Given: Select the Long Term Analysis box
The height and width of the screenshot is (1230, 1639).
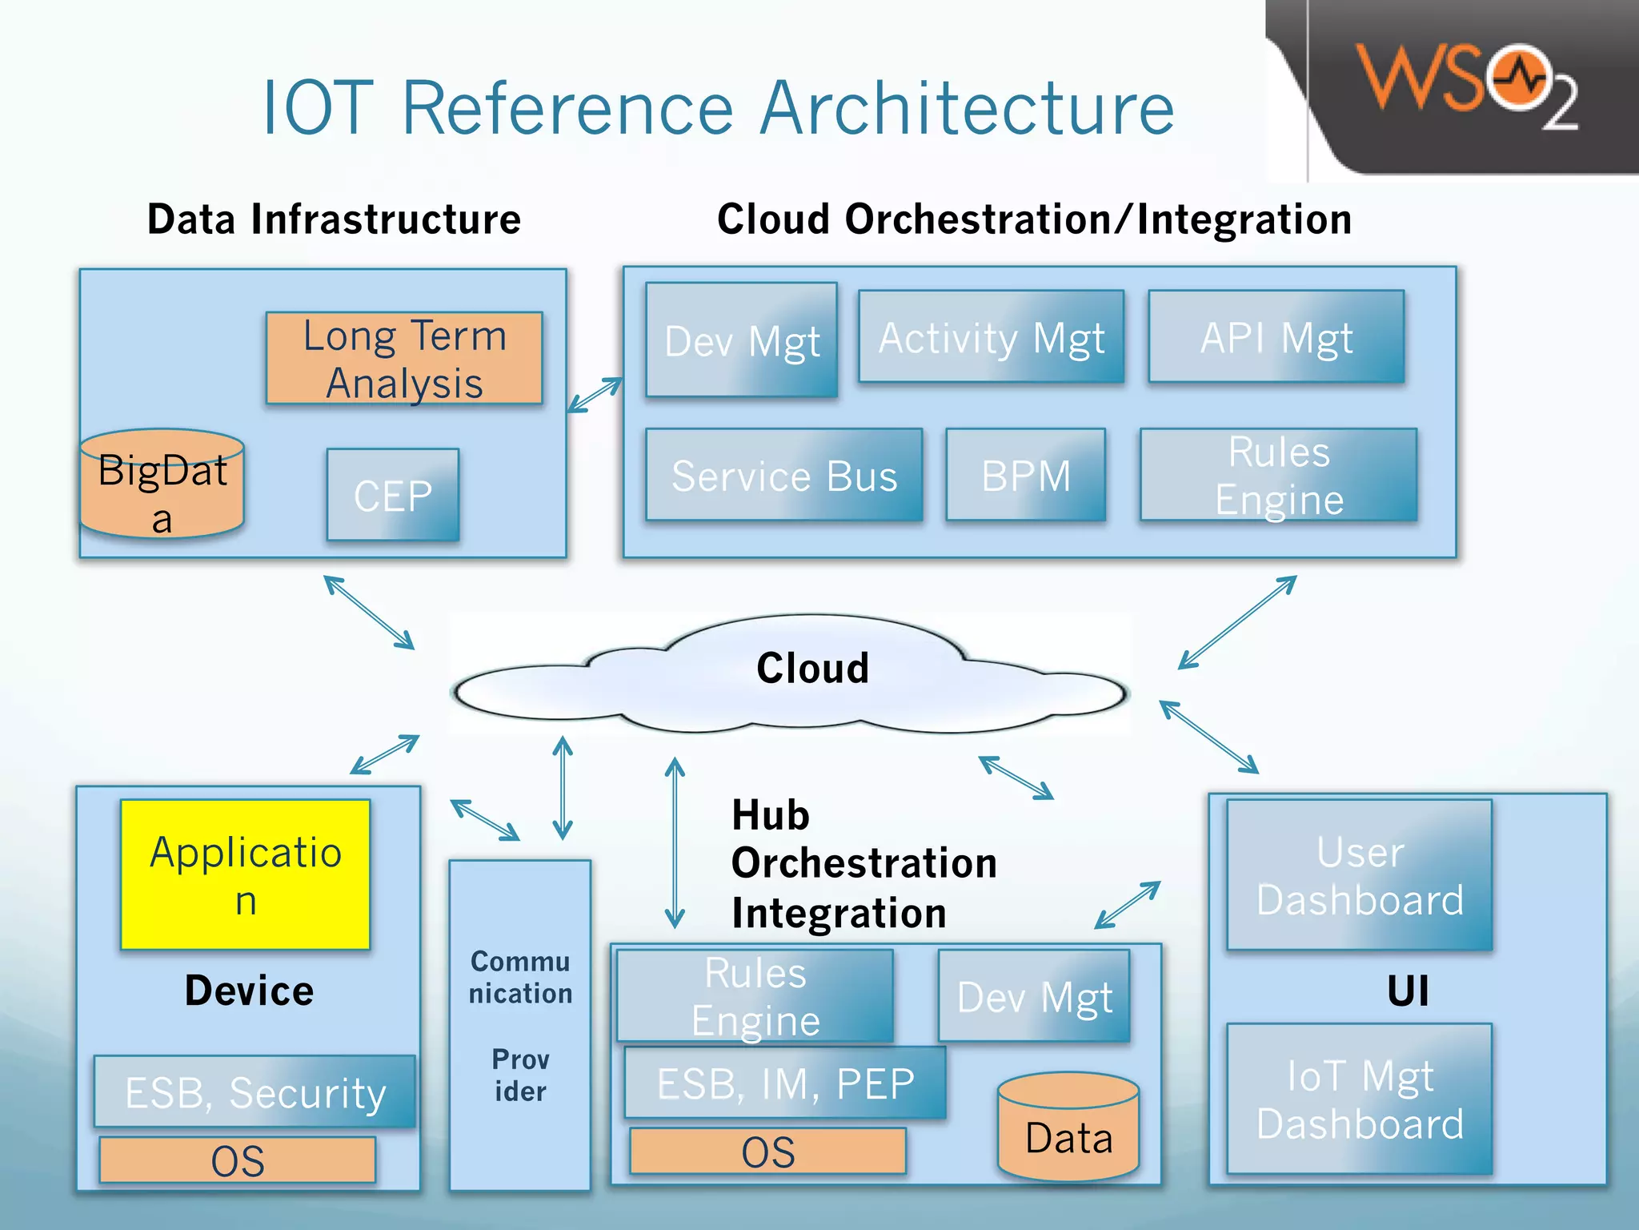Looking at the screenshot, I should click(404, 358).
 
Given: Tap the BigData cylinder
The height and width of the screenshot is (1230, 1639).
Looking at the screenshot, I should click(162, 485).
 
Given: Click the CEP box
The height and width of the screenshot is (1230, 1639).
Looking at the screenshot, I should click(393, 495).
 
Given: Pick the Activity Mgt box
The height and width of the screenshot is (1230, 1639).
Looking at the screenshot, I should click(991, 337).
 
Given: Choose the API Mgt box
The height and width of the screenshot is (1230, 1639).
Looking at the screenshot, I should click(1276, 337).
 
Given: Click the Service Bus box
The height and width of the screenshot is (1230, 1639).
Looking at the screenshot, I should click(783, 476).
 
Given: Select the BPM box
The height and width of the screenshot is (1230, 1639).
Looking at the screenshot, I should click(1025, 476).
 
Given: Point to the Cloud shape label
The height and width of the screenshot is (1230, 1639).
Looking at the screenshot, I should click(812, 668).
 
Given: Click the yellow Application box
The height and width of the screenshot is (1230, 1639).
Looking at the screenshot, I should click(245, 874).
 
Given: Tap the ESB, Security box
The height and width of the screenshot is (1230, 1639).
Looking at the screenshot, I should click(254, 1091).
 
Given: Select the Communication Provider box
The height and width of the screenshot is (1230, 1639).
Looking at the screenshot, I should click(520, 1025).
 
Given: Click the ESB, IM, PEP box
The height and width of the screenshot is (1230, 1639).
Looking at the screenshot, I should click(784, 1083).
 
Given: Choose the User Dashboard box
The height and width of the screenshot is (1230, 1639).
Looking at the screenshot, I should click(1359, 874).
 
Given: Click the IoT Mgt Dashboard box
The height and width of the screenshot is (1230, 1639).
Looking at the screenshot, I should click(1359, 1099).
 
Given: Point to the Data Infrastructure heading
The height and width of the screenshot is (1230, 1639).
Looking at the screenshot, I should click(334, 219).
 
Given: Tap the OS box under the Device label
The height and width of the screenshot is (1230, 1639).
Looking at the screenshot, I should click(238, 1160).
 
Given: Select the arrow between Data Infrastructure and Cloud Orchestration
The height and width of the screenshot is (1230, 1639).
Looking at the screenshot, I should click(595, 395).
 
